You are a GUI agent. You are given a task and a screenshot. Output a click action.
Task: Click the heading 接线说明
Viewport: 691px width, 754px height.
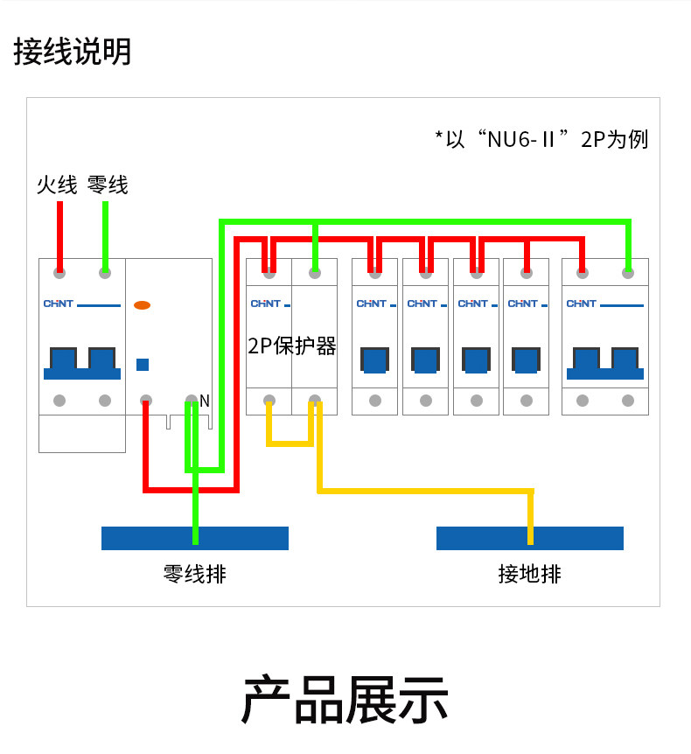(72, 52)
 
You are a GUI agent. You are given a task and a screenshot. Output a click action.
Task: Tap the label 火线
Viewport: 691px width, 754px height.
(57, 185)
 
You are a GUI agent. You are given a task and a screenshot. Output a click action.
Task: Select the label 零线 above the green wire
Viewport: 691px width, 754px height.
(108, 185)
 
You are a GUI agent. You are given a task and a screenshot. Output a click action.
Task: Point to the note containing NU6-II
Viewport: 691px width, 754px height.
(541, 139)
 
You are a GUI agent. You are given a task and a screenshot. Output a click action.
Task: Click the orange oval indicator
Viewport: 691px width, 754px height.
(142, 305)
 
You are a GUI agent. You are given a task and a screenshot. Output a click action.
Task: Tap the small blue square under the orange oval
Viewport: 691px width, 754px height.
(143, 365)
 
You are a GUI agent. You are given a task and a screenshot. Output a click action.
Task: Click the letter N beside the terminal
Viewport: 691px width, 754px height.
(205, 401)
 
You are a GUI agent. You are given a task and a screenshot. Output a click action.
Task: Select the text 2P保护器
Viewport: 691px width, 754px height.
(292, 346)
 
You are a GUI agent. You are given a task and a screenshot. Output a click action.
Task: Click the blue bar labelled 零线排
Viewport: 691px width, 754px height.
(195, 538)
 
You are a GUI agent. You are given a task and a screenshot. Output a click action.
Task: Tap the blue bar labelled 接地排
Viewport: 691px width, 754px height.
(530, 538)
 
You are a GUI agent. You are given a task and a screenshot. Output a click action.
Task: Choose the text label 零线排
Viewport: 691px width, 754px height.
(195, 574)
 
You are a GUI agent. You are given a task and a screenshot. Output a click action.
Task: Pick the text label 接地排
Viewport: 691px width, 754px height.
(529, 574)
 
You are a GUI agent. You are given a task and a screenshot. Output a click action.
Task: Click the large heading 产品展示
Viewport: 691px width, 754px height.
(345, 700)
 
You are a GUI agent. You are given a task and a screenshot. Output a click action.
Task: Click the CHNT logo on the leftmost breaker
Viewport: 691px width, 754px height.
(59, 304)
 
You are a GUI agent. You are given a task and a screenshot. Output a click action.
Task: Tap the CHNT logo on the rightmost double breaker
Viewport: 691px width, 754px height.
(582, 304)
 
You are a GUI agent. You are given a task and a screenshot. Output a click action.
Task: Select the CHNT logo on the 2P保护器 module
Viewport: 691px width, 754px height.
(265, 304)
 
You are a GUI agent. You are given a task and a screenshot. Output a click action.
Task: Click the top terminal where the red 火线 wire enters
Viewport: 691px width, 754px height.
(59, 273)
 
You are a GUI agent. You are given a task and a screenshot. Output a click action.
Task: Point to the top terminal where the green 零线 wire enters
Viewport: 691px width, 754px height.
(105, 273)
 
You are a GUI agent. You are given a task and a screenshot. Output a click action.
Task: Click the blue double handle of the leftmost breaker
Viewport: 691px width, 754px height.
(82, 364)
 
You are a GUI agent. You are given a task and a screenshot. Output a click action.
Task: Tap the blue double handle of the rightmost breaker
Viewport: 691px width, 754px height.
(605, 364)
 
